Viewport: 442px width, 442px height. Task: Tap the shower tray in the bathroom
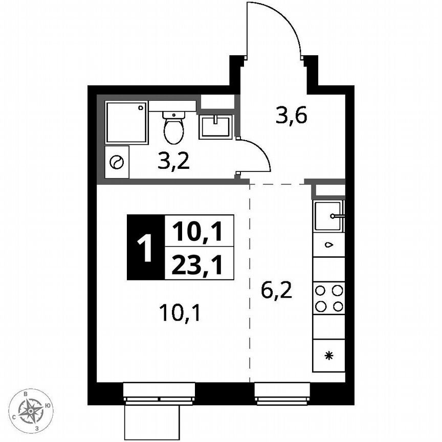(127, 123)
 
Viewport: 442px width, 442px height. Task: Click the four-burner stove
(328, 298)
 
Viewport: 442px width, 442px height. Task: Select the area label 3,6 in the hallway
(291, 117)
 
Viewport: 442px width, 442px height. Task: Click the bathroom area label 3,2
(173, 162)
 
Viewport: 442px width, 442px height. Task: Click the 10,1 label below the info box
(179, 311)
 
